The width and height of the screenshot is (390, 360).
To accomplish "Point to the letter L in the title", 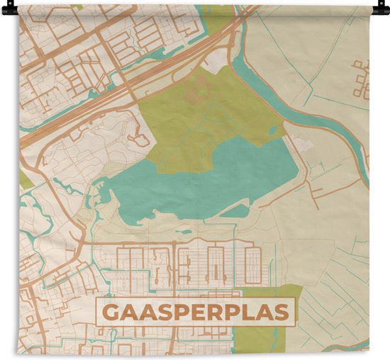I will tap(252, 313).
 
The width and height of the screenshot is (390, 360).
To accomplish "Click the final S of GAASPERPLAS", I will tap(283, 313).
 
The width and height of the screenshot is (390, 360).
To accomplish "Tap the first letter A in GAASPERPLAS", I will tap(130, 313).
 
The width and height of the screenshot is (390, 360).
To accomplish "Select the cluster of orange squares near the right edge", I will tap(362, 78).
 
